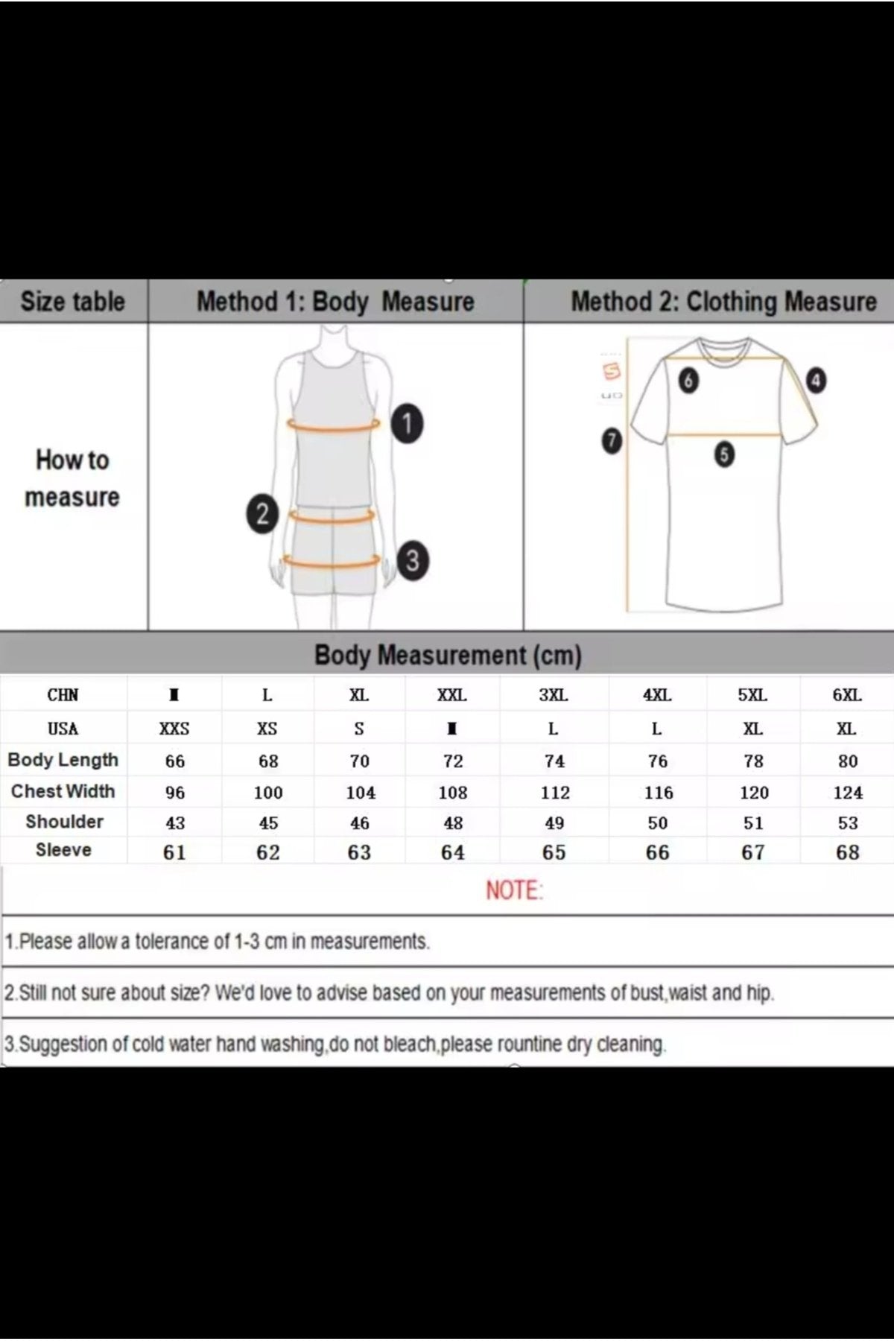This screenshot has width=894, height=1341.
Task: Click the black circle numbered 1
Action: click(407, 424)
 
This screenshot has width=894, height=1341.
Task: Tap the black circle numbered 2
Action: click(262, 514)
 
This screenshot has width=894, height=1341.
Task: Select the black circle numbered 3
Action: click(413, 560)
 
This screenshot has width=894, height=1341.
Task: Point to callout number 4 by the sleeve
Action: click(816, 381)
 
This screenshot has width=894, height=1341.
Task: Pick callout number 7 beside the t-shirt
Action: click(611, 441)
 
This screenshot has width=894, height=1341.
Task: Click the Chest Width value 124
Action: click(848, 793)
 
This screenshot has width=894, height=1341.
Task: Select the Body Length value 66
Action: click(175, 761)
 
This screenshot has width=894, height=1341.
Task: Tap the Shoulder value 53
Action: click(848, 823)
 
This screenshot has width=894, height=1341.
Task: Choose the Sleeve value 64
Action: click(453, 852)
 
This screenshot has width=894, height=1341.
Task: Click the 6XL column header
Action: click(847, 695)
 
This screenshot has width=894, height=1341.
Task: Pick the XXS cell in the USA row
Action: click(174, 729)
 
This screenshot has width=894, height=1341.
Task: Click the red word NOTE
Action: click(514, 890)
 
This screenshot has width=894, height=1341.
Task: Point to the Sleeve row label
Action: click(63, 850)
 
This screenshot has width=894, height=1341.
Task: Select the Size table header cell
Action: click(73, 302)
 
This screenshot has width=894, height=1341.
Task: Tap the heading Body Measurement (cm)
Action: click(448, 656)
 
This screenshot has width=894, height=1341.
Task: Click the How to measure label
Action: click(72, 478)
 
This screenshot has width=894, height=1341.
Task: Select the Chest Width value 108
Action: click(453, 793)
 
